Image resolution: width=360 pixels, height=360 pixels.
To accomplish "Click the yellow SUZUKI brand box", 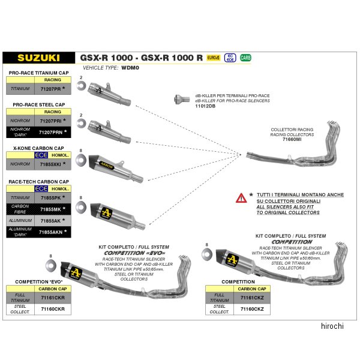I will tap(38, 58).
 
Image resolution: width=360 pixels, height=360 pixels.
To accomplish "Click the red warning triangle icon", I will tap(241, 197).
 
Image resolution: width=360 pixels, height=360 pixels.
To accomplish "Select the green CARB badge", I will tap(245, 58).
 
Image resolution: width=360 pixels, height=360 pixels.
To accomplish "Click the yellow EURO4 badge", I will tap(213, 58).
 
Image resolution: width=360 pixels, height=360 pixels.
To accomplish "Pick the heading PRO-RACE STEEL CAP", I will tap(38, 104).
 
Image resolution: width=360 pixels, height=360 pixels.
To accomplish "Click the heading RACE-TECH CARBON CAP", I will tap(40, 181).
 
